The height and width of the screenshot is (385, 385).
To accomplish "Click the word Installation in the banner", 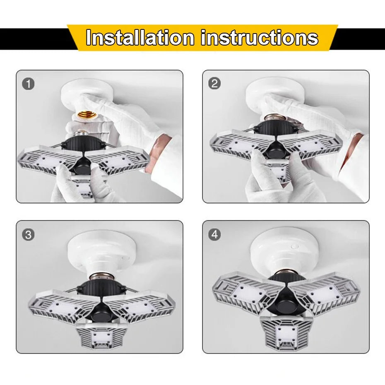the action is (x=140, y=38).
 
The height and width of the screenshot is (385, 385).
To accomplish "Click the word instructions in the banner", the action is (x=260, y=38).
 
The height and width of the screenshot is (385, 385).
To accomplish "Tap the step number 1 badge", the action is (x=28, y=84).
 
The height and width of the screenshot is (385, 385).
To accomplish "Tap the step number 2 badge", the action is (x=214, y=84).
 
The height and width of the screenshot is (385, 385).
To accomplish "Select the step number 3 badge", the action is (x=28, y=235).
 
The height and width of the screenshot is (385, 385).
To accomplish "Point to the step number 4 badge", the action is (x=214, y=234).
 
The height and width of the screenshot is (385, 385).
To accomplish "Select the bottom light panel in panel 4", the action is (x=287, y=332).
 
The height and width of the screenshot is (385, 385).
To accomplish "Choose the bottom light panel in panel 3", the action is (x=101, y=335).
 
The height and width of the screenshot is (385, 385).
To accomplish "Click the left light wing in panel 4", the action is (x=248, y=292).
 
